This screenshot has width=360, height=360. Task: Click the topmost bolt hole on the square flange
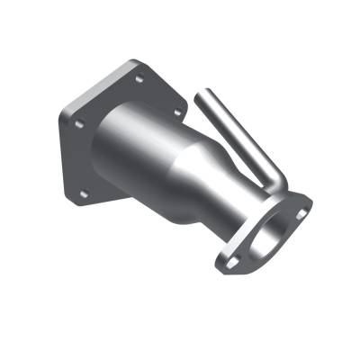coord(139,78)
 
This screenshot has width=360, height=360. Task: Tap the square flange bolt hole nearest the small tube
coord(176,112)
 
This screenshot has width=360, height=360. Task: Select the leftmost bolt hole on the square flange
coord(78,123)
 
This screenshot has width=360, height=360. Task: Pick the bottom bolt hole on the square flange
coord(84,193)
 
